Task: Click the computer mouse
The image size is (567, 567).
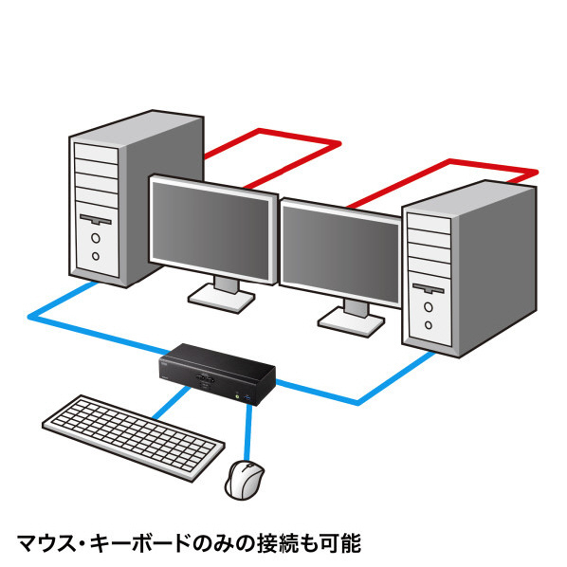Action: coord(245,480)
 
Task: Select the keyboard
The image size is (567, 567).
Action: coord(134,437)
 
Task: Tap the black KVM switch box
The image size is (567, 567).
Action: coord(217,375)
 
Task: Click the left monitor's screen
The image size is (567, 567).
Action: coord(210,230)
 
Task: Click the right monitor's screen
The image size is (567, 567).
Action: coord(340,255)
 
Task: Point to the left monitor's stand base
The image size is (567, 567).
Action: coord(221,299)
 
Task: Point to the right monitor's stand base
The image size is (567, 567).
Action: coord(351,321)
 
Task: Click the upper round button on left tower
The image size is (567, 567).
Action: coord(96,238)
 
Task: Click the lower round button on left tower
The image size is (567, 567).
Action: coord(96,256)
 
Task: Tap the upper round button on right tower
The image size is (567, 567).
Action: coord(429,307)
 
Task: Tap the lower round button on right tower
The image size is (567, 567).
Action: coord(429,324)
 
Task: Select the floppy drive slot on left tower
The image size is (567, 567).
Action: coord(96,219)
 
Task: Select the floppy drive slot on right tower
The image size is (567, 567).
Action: coord(429,288)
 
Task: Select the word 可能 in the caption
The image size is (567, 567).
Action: coord(339,542)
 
